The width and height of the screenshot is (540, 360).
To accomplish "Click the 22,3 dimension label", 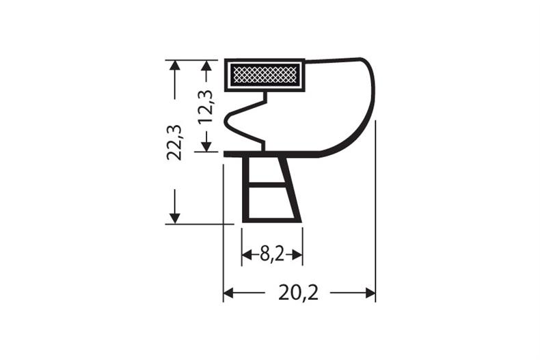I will (176, 142).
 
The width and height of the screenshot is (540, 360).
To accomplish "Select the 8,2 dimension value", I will (272, 255).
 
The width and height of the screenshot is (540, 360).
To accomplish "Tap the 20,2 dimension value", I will (299, 293).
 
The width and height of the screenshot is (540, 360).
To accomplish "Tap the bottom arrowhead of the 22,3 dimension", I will (175, 218).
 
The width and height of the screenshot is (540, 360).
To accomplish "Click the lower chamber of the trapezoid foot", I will (271, 202).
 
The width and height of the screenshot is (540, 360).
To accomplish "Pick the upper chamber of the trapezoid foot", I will (266, 169).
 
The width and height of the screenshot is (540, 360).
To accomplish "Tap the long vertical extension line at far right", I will (375, 205).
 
